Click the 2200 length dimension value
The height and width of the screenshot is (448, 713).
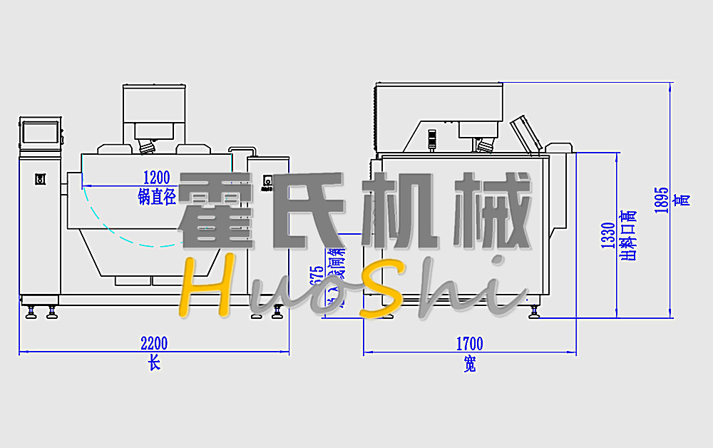[x=155, y=343]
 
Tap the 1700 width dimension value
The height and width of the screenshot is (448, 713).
[x=469, y=344]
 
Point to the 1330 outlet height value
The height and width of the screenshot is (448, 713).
[x=608, y=235]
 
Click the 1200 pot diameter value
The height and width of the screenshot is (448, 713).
[x=156, y=177]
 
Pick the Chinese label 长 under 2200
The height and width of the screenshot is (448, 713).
[x=154, y=363]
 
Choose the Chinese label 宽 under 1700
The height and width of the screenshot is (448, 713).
[x=469, y=365]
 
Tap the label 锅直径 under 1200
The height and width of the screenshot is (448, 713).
[x=156, y=197]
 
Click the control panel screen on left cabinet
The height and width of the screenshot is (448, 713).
[x=40, y=132]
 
